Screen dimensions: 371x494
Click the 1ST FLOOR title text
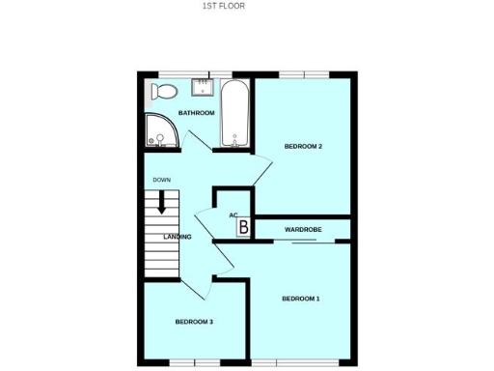[x=223, y=6]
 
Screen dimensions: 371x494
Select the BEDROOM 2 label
[x=302, y=146]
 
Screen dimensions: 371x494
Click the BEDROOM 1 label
[x=300, y=299]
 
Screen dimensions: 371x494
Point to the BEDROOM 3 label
[x=193, y=321]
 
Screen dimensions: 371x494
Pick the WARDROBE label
[x=303, y=229]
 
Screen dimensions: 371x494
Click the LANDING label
[x=177, y=237]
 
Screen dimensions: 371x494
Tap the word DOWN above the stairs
[x=161, y=180]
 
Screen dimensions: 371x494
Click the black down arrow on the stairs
[x=162, y=202]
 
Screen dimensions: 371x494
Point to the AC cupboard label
[x=233, y=215]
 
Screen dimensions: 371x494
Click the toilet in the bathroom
[x=163, y=92]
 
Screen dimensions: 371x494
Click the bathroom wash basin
[x=203, y=87]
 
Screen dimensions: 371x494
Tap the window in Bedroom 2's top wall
[x=307, y=74]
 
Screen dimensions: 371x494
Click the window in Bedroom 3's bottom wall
[x=194, y=363]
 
